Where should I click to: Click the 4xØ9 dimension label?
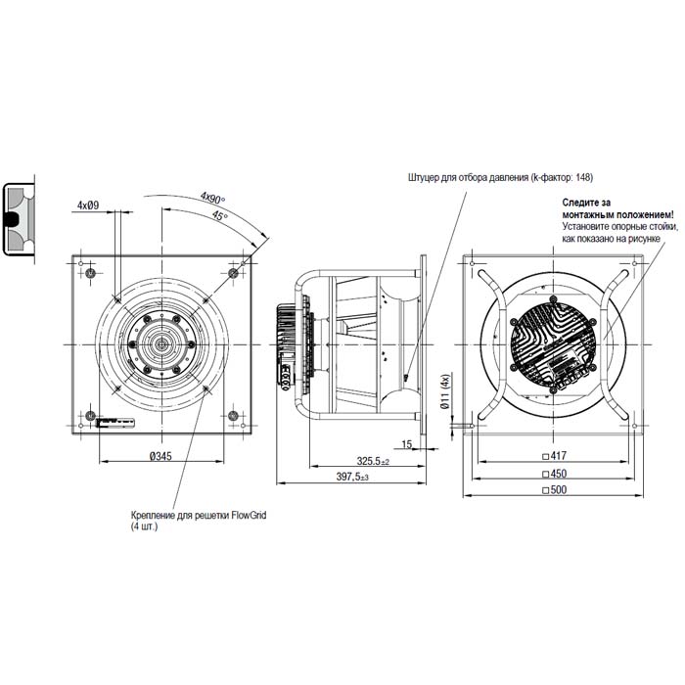[89, 205]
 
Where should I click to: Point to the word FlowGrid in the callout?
[248, 514]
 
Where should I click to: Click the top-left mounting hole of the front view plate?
[90, 271]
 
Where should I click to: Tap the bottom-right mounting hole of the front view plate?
[233, 416]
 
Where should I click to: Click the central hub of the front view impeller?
[161, 344]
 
